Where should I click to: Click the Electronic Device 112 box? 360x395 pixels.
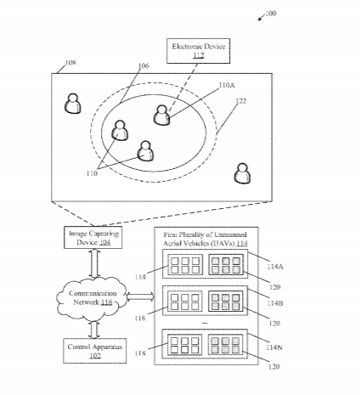(x=198, y=51)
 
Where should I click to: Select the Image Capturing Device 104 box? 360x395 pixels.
(x=93, y=238)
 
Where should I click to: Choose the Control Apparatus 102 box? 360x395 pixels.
(x=95, y=351)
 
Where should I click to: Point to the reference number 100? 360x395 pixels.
(x=271, y=14)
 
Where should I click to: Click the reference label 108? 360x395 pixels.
(x=70, y=63)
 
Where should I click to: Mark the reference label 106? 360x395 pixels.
(x=143, y=65)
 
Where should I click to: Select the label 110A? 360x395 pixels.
(x=227, y=85)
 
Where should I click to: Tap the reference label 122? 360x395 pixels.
(x=241, y=101)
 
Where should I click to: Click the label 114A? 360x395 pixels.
(x=275, y=267)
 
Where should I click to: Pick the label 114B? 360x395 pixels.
(x=275, y=303)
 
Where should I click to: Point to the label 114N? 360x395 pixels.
(x=274, y=347)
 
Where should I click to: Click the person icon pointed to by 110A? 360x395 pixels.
(x=162, y=115)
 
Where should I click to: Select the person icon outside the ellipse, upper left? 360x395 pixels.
(x=73, y=104)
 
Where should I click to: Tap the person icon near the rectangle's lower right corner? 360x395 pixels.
(x=242, y=173)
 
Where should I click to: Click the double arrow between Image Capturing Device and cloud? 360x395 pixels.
(x=94, y=263)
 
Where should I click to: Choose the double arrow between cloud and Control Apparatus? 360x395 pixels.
(x=94, y=330)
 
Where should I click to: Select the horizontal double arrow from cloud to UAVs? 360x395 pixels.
(x=140, y=296)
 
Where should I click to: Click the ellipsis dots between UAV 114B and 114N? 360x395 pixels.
(x=205, y=323)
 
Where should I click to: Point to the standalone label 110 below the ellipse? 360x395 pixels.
(x=92, y=173)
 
